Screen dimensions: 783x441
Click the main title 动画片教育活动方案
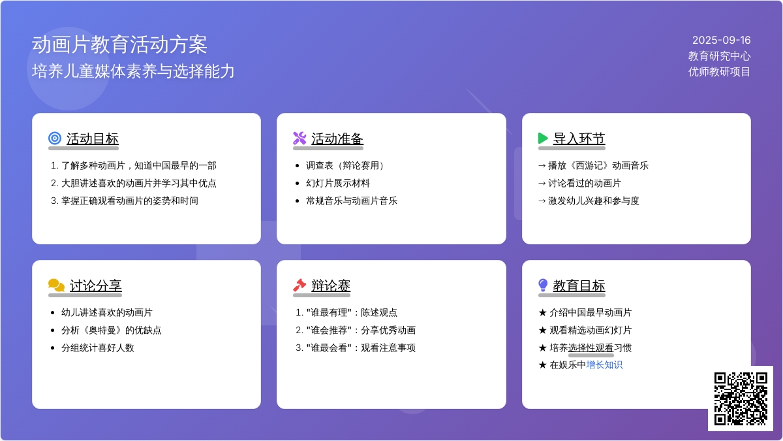coord(119,45)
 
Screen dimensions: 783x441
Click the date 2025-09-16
coord(721,41)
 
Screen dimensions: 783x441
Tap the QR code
coord(741,399)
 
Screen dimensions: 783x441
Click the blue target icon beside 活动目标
coord(55,139)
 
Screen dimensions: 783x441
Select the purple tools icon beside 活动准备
coord(299,139)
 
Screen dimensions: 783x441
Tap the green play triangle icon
coord(543,139)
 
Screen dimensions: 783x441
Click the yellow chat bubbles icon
coord(56,286)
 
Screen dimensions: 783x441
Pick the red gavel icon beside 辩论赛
coord(299,286)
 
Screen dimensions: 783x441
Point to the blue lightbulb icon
coord(543,286)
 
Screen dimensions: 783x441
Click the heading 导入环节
coord(579,139)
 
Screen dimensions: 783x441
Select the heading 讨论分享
coord(95,286)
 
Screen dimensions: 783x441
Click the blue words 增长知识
coord(604,365)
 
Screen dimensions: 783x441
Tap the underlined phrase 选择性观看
coord(591,348)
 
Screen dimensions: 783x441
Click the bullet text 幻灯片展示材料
coord(338,183)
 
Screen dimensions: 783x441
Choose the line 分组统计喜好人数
coord(97,348)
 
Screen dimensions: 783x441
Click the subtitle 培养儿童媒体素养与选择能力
coord(133,71)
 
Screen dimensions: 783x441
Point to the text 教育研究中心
coord(719,56)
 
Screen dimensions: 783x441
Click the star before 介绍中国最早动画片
coord(542,312)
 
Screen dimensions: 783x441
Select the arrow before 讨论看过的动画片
coord(542,184)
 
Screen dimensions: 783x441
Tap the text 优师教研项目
coord(719,72)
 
